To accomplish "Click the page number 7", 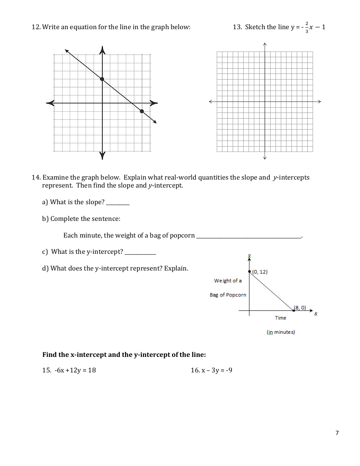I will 337,433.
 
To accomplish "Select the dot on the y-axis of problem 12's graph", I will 102,79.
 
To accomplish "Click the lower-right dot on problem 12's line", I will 142,111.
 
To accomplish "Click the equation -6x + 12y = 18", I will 75,370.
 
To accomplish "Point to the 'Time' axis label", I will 280,318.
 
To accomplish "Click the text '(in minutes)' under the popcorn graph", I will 281,332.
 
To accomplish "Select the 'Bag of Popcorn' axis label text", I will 228,295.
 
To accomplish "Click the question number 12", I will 36,27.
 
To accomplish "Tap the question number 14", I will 36,177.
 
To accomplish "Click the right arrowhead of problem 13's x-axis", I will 319,102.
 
